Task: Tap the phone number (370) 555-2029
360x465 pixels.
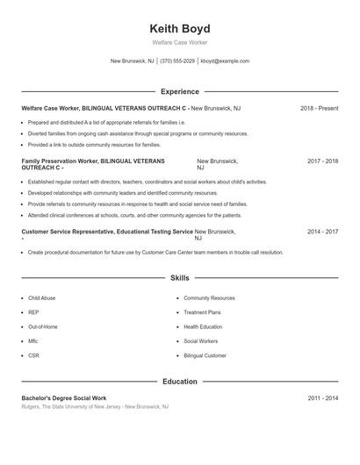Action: tap(177, 61)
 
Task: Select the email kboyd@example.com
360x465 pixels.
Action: tap(225, 61)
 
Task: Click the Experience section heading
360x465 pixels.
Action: tap(180, 91)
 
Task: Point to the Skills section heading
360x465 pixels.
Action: tap(180, 277)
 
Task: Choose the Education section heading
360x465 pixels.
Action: tap(180, 382)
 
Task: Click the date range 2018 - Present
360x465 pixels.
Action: tap(319, 108)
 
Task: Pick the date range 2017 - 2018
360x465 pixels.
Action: tap(322, 161)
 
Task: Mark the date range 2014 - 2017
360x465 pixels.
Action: tap(322, 232)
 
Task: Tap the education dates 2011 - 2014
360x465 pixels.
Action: tap(322, 398)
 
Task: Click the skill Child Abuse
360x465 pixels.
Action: tap(41, 298)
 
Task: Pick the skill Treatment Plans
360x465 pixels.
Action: tap(202, 312)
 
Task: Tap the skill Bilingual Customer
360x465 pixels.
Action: tap(205, 355)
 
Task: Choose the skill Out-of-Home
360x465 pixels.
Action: tap(43, 326)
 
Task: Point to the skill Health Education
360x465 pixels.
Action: tap(203, 326)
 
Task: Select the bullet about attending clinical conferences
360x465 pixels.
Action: tap(134, 215)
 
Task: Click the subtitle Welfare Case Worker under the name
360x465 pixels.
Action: tap(180, 42)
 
